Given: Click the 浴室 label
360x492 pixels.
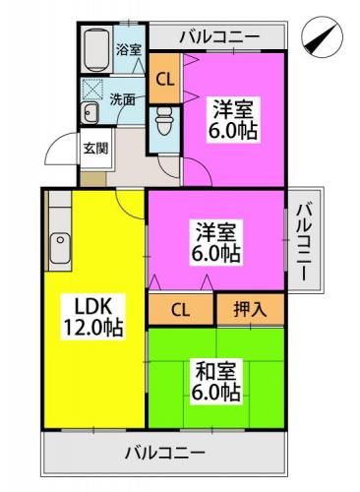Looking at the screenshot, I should click(x=128, y=49).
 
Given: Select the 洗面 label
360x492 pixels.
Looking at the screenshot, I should click(x=123, y=98).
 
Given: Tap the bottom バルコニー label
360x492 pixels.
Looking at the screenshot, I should click(x=164, y=455).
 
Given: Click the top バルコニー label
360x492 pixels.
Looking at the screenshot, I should click(x=219, y=37).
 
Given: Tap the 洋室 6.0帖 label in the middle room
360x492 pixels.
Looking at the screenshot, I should click(x=216, y=242).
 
